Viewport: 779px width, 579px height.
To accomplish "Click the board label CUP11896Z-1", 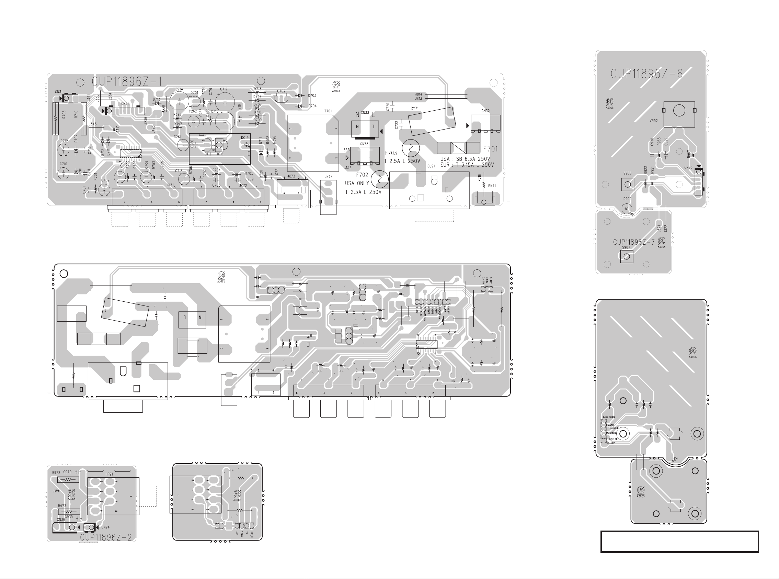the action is point(127,82).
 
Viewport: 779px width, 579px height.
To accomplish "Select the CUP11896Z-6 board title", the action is point(646,74).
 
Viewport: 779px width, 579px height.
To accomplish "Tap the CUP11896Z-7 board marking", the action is point(634,242).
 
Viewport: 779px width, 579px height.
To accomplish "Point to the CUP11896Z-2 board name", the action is point(106,537).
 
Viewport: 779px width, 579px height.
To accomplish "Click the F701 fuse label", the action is point(490,149).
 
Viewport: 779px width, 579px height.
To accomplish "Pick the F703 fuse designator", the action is point(391,153).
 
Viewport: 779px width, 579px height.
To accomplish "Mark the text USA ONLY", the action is point(357,183).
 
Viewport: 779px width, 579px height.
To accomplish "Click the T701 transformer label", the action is point(328,111).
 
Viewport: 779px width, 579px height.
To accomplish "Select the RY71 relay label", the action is point(414,108).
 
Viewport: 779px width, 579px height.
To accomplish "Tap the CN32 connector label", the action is point(485,111).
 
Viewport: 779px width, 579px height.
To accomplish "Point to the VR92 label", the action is point(653,121).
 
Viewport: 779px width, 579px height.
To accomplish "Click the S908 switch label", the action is point(627,174).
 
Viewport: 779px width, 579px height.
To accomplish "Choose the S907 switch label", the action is point(626,247).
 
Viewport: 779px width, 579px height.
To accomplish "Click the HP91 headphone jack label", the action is point(109,474).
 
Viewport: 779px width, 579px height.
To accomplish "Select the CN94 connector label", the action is point(105,527).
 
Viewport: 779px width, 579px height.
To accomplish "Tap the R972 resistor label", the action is point(56,472).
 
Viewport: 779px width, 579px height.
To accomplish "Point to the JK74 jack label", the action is point(329,177).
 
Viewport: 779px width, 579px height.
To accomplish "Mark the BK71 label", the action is point(492,186).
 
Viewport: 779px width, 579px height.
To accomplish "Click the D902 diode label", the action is point(627,199).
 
